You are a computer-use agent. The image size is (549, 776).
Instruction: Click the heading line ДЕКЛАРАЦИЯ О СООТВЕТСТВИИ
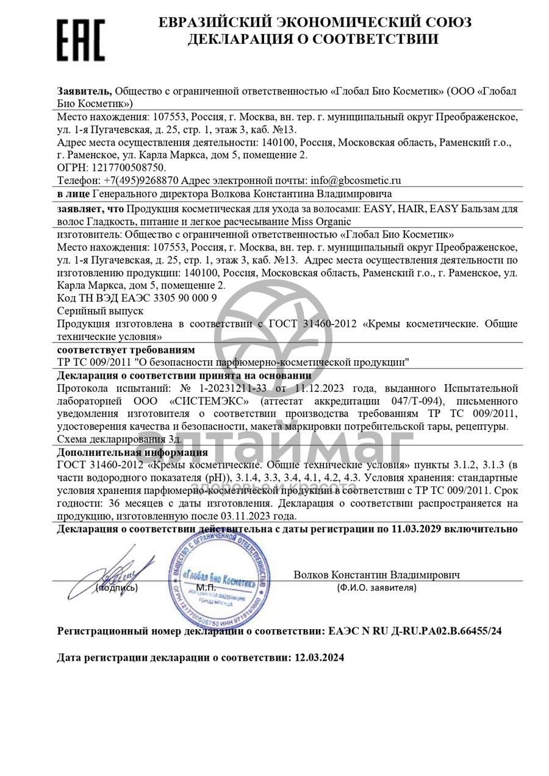[x=312, y=40]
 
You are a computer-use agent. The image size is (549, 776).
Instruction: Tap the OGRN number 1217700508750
[x=127, y=167]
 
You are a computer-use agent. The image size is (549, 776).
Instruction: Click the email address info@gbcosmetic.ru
[x=356, y=180]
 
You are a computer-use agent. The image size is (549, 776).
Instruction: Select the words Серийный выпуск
[x=100, y=311]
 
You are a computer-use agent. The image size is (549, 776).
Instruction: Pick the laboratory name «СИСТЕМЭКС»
[x=208, y=401]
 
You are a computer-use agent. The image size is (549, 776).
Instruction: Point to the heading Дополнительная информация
[x=132, y=452]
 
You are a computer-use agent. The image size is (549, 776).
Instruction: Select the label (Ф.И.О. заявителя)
[x=376, y=588]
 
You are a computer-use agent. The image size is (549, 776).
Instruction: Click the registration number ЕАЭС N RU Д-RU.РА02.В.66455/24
[x=415, y=632]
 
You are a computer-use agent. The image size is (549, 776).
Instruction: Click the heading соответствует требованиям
[x=126, y=349]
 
